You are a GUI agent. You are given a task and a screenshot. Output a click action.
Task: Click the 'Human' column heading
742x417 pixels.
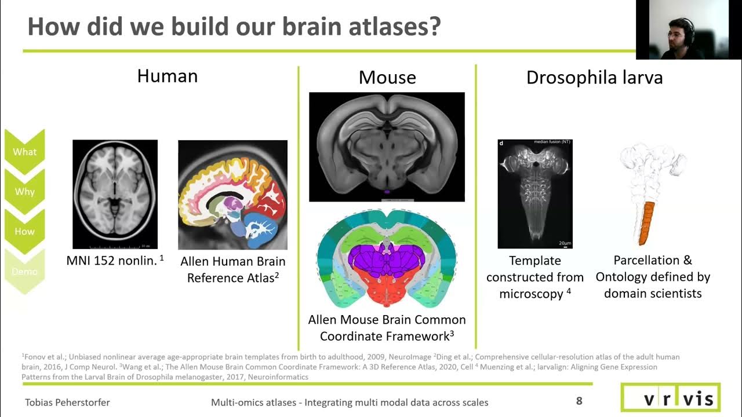tap(168, 76)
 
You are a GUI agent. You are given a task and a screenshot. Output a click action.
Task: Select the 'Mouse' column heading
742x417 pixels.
tap(387, 78)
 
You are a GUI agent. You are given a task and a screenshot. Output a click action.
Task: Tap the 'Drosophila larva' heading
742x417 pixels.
tap(594, 78)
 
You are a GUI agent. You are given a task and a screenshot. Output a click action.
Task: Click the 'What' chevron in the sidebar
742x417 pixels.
tap(25, 152)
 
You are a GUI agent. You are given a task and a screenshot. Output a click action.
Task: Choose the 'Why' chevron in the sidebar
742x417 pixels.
tap(25, 192)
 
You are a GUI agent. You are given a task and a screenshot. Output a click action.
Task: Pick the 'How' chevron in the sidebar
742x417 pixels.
tap(25, 231)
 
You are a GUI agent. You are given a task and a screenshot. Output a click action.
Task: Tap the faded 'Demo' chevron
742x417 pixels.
tap(25, 271)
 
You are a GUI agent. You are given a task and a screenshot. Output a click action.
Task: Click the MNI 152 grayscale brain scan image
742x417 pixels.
tap(115, 194)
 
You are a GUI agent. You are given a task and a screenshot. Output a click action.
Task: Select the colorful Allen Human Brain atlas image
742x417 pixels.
tap(232, 195)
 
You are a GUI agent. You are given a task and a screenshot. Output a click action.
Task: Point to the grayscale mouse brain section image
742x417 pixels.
tap(387, 147)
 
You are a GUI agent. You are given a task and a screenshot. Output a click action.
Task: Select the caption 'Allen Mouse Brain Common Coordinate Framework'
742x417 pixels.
tap(387, 328)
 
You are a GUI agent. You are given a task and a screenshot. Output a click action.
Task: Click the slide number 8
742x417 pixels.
tap(579, 401)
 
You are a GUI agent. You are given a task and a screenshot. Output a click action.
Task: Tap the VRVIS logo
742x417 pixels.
tap(670, 398)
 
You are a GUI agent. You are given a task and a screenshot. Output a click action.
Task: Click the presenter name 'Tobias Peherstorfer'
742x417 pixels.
tap(67, 402)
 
